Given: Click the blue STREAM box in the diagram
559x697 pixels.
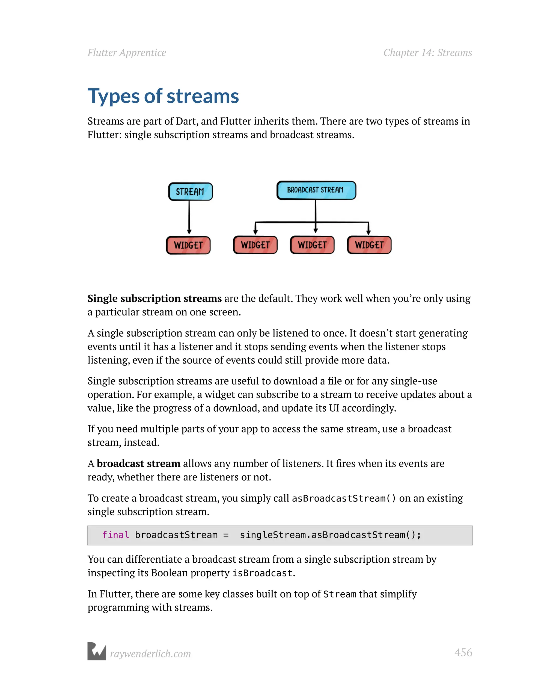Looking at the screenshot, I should [x=190, y=192].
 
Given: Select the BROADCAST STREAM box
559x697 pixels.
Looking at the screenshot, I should [x=316, y=190].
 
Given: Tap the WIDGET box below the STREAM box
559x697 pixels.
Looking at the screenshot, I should [x=188, y=245].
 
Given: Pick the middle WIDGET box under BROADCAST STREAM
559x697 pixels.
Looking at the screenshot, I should [x=312, y=245].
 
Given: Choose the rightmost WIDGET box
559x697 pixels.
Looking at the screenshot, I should [x=369, y=245].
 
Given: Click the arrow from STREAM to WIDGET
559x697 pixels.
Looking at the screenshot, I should [x=189, y=217].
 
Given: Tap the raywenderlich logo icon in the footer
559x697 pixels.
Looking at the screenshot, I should [x=97, y=651].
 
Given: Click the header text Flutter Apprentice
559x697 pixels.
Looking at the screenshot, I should [x=127, y=53].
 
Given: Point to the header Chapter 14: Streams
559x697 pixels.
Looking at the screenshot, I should [x=427, y=53].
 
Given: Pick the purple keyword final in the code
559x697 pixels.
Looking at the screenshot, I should [x=115, y=535].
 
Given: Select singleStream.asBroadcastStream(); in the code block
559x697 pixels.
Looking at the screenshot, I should [x=330, y=535].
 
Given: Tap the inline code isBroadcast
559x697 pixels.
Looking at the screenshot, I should [x=262, y=573].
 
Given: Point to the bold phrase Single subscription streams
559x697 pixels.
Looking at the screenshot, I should [x=154, y=299].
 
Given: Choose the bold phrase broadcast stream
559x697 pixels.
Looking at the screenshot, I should [x=138, y=463].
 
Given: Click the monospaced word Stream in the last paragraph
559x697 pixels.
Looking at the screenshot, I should [x=340, y=594].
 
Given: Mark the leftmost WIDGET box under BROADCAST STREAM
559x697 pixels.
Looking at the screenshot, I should [x=255, y=245].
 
